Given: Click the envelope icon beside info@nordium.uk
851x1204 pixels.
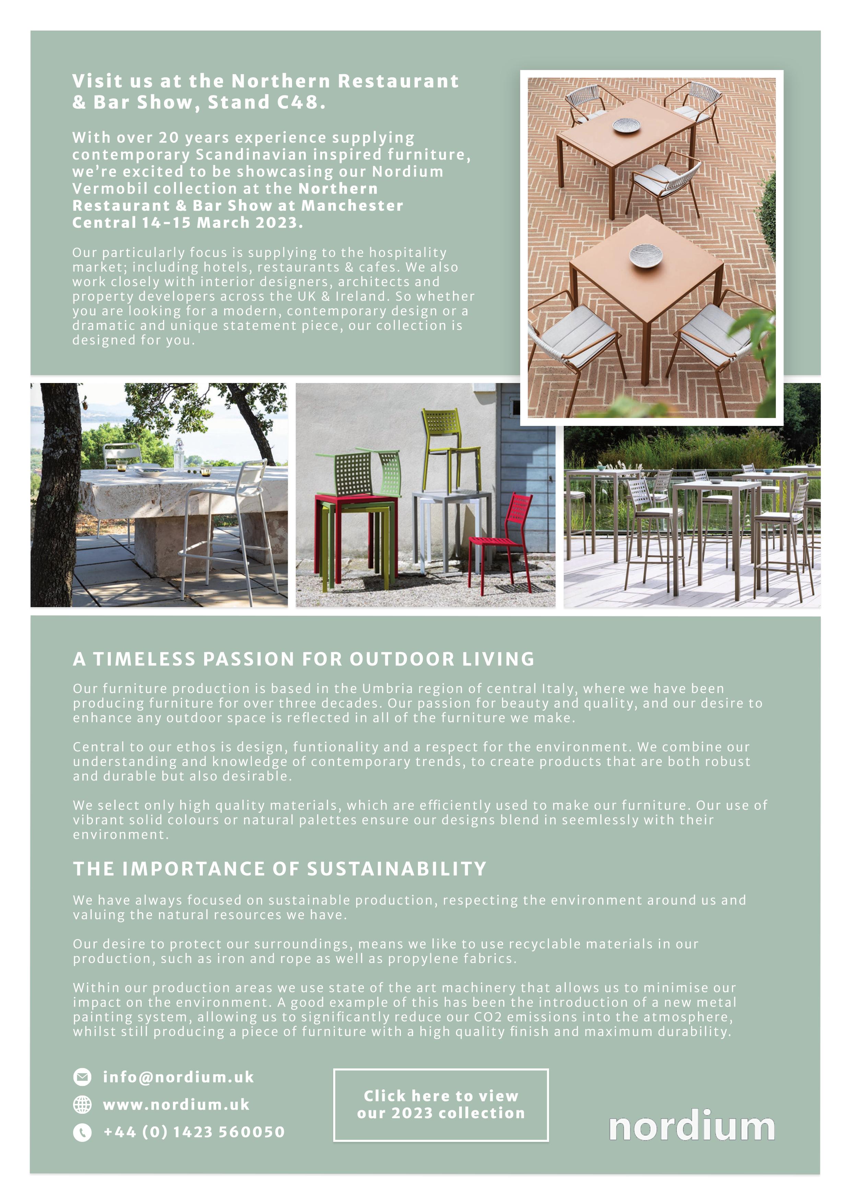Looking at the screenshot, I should tap(82, 1077).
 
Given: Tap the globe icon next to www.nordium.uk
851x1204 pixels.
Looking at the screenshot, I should tap(82, 1104).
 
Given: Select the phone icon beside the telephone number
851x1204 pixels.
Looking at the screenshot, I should tap(82, 1132).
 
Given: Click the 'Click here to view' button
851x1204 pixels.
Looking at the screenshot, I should tap(441, 1104).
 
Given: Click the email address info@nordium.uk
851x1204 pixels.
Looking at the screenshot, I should tap(178, 1077).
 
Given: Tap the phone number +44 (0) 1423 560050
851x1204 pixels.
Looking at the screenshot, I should tap(194, 1132).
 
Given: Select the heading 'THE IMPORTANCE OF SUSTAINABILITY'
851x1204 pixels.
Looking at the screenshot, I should tap(279, 869).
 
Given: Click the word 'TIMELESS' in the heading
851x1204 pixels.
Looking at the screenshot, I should tap(144, 659).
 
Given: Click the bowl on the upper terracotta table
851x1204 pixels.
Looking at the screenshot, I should tap(627, 125).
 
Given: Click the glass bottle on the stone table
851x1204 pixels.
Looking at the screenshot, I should tap(179, 455).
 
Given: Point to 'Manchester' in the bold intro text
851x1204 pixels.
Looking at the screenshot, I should tap(352, 206).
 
